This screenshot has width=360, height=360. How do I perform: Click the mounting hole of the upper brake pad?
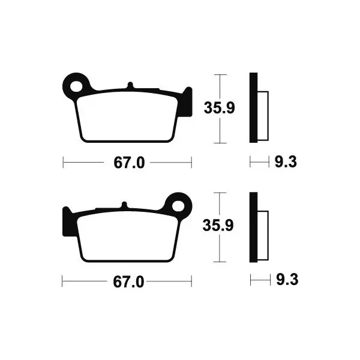76,86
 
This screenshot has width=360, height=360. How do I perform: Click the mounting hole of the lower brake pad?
179,206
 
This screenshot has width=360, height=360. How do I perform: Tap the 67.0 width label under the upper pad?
129,163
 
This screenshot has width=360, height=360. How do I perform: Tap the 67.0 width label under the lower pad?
128,282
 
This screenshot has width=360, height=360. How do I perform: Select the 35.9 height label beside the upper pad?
219,108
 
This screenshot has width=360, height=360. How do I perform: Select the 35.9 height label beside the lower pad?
218,225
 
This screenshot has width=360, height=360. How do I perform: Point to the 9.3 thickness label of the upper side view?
286,161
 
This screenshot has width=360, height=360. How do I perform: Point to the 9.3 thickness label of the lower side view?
287,280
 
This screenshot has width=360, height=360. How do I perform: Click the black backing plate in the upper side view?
253,107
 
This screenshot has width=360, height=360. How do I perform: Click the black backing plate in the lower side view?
253,227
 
